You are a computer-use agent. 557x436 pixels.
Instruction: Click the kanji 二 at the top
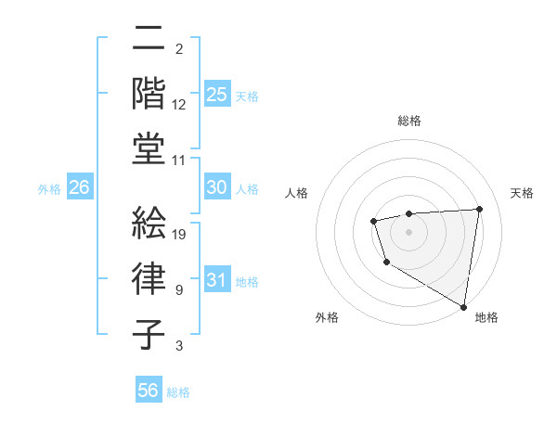click(149, 39)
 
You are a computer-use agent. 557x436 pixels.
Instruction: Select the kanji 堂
click(149, 148)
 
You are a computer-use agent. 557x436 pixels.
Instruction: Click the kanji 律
click(149, 277)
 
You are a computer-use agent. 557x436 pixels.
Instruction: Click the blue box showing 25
click(216, 94)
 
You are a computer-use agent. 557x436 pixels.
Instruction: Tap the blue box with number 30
click(216, 187)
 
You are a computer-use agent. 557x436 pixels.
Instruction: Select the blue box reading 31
click(216, 280)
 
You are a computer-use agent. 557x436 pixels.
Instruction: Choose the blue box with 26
click(79, 187)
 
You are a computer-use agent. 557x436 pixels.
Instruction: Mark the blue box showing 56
click(148, 391)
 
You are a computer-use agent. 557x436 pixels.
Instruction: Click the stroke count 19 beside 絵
click(180, 234)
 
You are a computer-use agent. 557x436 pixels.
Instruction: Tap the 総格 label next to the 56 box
click(178, 392)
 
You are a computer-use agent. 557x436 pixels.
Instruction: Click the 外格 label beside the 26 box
click(49, 189)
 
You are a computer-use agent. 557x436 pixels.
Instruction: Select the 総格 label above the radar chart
click(409, 121)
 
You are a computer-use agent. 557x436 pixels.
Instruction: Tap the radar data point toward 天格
click(479, 209)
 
